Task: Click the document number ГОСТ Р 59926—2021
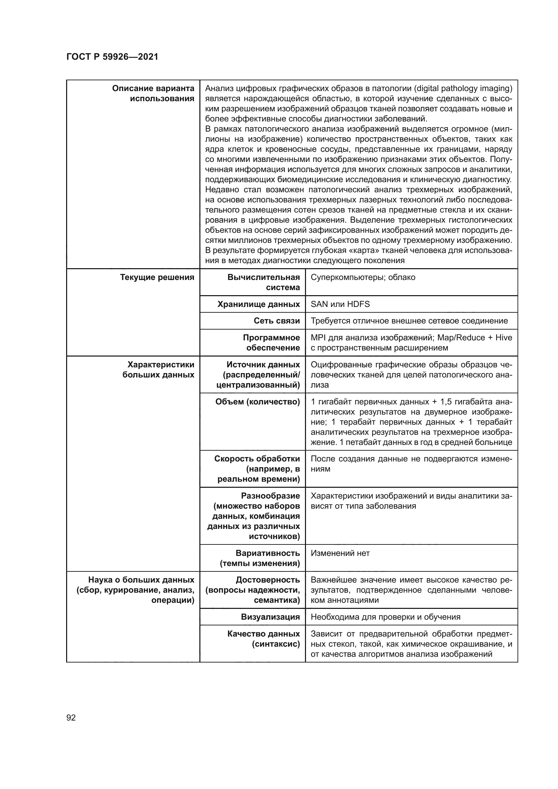coord(112,57)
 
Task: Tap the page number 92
coord(71,717)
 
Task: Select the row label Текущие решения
coord(157,277)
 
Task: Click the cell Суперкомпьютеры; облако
coord(363,277)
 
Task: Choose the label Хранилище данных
coord(258,304)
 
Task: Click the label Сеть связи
coord(277,320)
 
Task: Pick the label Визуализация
coord(271,617)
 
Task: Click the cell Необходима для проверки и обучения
coord(385,617)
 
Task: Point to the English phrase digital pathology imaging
coord(463,89)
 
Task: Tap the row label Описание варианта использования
coord(153,93)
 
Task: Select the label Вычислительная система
coord(263,282)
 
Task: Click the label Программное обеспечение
coord(271,343)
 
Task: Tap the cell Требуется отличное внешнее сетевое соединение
coord(409,320)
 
